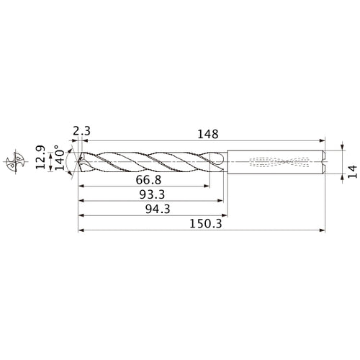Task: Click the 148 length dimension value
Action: point(207,134)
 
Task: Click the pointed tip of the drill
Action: point(78,162)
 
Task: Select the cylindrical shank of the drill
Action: point(277,162)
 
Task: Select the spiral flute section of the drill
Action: point(151,162)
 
